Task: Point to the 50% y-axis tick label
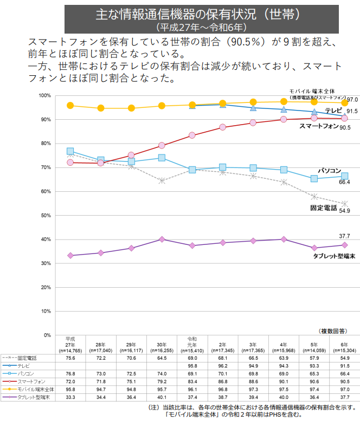coord(46,215)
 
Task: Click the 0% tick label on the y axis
coord(47,335)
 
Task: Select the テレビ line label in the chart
coord(333,111)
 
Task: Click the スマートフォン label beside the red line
coord(319,126)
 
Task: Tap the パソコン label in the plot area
coord(329,171)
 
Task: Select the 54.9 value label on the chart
coord(345,210)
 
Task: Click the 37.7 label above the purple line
coord(345,236)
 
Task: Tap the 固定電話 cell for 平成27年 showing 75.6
coord(70,358)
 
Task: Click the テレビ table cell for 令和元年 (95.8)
coord(192,366)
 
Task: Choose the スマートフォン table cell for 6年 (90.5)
coord(345,381)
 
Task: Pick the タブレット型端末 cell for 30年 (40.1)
coord(162,397)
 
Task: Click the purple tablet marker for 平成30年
coord(162,239)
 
